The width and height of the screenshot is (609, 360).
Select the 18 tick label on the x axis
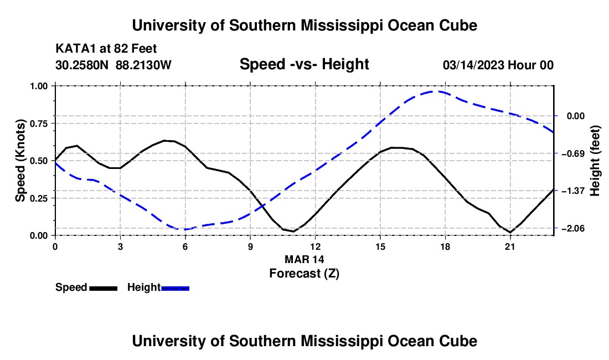(x=445, y=247)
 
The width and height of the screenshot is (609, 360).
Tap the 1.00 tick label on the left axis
(x=38, y=86)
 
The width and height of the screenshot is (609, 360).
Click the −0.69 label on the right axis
(x=573, y=153)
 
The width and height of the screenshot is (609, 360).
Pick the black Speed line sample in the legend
(x=104, y=289)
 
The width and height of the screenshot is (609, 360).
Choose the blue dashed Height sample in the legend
(x=175, y=289)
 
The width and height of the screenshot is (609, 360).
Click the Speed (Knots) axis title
(x=20, y=161)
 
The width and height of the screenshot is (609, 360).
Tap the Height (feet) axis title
(x=595, y=161)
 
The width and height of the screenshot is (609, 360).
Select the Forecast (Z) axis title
(x=304, y=274)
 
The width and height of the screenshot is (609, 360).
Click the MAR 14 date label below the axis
(x=304, y=259)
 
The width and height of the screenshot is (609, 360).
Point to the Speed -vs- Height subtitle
(x=304, y=64)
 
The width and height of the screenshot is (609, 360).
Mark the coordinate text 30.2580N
(x=82, y=65)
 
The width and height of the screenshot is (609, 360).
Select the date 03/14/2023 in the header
(x=473, y=65)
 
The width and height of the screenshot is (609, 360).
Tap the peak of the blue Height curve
(x=433, y=91)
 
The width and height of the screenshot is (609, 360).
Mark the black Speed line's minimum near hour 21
(x=510, y=232)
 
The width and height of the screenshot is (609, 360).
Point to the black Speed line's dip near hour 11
(x=293, y=232)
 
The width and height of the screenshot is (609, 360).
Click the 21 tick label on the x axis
(x=510, y=247)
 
